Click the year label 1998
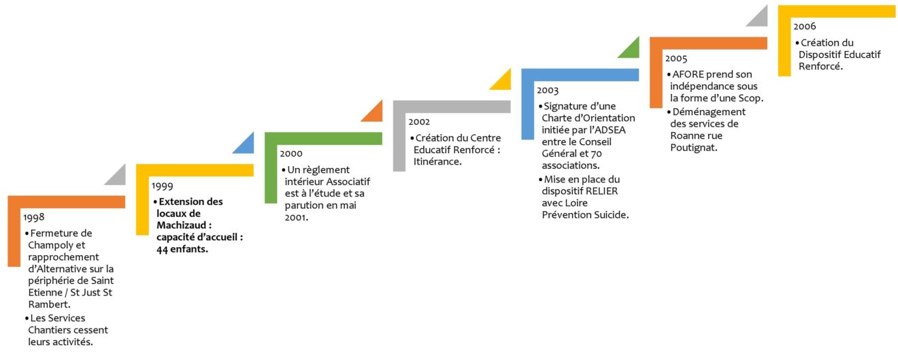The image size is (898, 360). pyautogui.click(x=34, y=218)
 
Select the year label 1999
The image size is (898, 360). pyautogui.click(x=163, y=186)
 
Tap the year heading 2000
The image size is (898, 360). pyautogui.click(x=291, y=154)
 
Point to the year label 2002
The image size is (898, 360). pyautogui.click(x=419, y=122)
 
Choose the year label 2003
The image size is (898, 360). pyautogui.click(x=548, y=91)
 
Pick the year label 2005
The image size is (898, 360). pyautogui.click(x=676, y=59)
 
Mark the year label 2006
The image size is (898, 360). pyautogui.click(x=805, y=27)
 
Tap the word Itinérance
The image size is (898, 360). pyautogui.click(x=437, y=161)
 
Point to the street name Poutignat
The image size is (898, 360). pyautogui.click(x=693, y=148)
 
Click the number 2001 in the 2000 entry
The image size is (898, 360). pyautogui.click(x=296, y=218)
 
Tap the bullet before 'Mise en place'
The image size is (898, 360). pyautogui.click(x=540, y=180)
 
